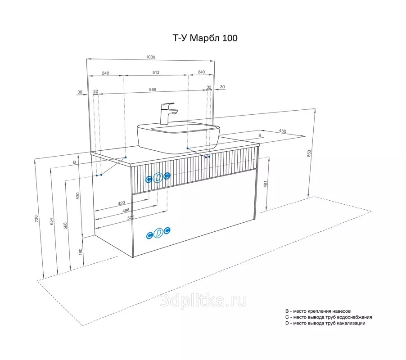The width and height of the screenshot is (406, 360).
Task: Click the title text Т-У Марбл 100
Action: point(205,38)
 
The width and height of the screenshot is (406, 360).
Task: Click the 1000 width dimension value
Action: point(150,57)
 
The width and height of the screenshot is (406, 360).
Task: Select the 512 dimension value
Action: point(156,72)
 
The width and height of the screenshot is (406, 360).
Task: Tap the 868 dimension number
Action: point(153,89)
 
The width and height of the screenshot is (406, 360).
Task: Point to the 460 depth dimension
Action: point(283,131)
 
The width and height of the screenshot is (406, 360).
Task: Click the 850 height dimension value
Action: point(309,153)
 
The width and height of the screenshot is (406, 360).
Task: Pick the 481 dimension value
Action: point(265,184)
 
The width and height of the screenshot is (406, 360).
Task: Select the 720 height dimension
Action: point(36,219)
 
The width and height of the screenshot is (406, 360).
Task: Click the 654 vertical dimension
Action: point(51,221)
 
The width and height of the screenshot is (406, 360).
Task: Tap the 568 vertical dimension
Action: point(65,226)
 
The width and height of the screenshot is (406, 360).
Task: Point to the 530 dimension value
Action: point(78,196)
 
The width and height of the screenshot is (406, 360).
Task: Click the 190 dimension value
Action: point(80,252)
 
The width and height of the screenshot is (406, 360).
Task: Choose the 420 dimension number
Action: point(121,203)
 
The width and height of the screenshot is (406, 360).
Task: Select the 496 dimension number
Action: point(126,211)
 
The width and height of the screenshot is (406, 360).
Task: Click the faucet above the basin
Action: point(168,113)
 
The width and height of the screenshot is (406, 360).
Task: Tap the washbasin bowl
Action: point(178,139)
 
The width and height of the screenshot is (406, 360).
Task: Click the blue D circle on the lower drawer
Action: point(158,233)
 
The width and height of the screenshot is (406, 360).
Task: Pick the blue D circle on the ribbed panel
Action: point(158,178)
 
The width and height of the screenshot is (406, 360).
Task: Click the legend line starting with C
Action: point(329,317)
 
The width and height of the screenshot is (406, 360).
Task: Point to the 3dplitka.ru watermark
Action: point(203,301)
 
